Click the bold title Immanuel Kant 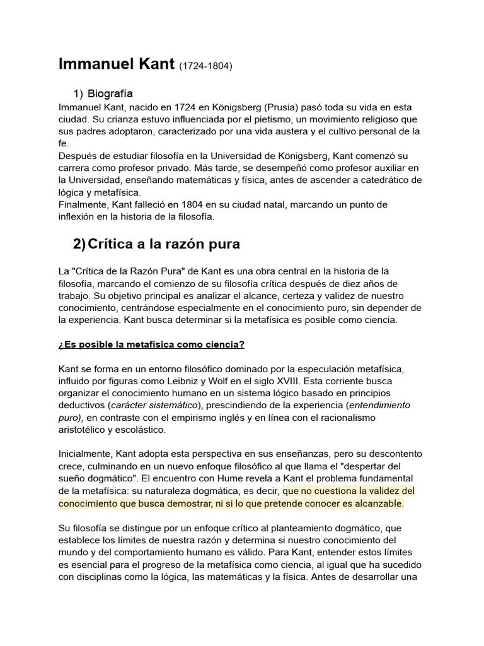(116, 64)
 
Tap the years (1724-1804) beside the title (205, 66)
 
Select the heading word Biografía (110, 94)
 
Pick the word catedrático (391, 180)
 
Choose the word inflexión (79, 217)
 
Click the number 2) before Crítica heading (79, 244)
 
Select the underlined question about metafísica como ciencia (151, 344)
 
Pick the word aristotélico (84, 430)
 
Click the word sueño (72, 478)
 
